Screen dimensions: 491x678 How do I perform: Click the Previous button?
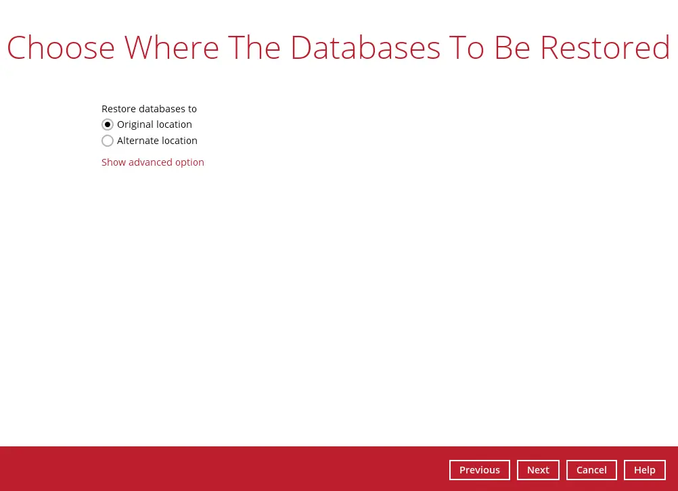pyautogui.click(x=479, y=470)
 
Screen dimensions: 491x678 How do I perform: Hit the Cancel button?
pyautogui.click(x=591, y=470)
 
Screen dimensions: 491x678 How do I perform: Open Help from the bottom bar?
pyautogui.click(x=644, y=470)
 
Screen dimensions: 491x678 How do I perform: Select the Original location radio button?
pyautogui.click(x=108, y=124)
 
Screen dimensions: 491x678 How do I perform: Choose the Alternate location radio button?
pyautogui.click(x=108, y=141)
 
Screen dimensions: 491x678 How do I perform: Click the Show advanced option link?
pyautogui.click(x=153, y=162)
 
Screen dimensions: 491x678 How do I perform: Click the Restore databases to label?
pyautogui.click(x=149, y=109)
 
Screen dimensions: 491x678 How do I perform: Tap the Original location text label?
pyautogui.click(x=154, y=124)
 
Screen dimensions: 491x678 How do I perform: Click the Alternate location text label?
pyautogui.click(x=157, y=141)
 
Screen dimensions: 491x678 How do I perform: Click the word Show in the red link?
pyautogui.click(x=113, y=162)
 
